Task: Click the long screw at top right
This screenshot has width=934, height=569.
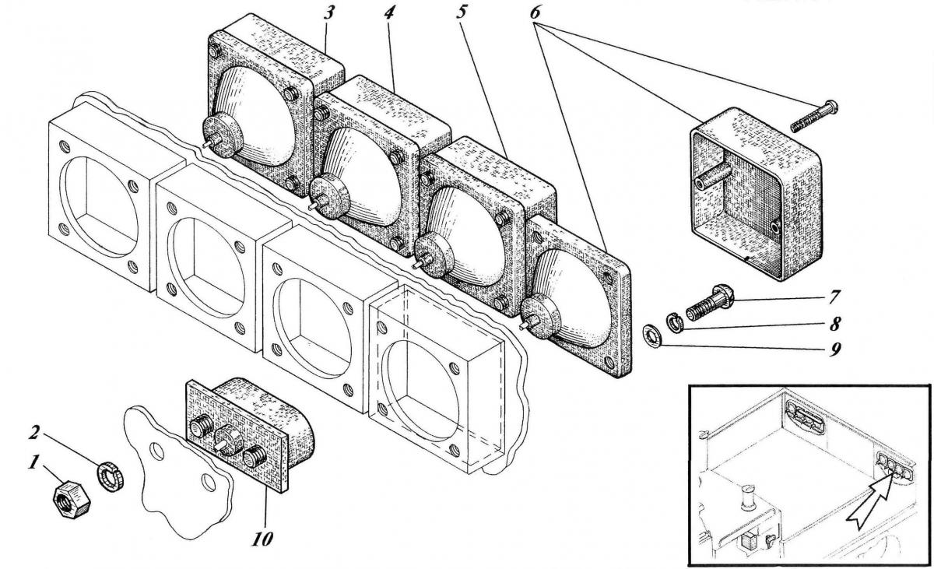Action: click(813, 116)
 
